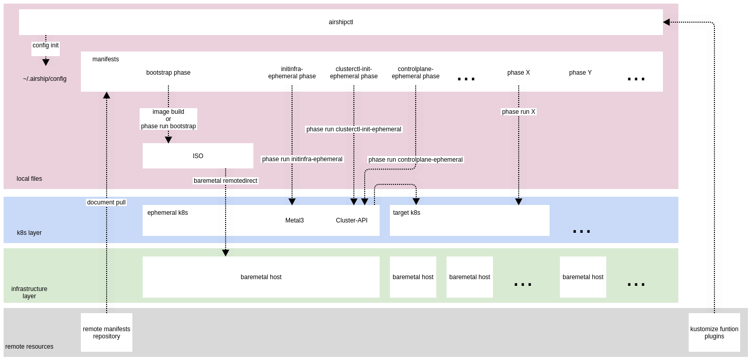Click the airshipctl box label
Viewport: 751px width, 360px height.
[340, 22]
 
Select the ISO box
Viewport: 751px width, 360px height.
[198, 156]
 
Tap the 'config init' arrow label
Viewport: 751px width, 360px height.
[45, 45]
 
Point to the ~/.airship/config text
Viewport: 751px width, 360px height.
[45, 79]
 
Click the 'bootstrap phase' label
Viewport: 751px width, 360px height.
[168, 73]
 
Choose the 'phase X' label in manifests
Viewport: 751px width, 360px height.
[518, 73]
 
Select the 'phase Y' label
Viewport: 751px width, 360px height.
[580, 73]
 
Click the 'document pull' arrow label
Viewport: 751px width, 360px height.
[106, 202]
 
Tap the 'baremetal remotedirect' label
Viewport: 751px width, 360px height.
[225, 181]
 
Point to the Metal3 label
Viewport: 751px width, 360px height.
[294, 220]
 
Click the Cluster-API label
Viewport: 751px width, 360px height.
[351, 220]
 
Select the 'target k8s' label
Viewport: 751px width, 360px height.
[406, 213]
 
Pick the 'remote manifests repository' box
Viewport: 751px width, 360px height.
[107, 333]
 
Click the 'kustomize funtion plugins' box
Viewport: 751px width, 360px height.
[714, 333]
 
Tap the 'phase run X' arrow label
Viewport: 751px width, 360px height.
[518, 112]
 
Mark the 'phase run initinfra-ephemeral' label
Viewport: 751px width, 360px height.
[302, 159]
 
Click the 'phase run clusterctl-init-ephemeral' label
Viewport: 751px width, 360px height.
[353, 129]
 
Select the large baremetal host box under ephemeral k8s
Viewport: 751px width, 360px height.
[261, 277]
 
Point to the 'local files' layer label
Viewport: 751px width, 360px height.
[29, 179]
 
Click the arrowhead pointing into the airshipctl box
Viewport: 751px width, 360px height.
[667, 22]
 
